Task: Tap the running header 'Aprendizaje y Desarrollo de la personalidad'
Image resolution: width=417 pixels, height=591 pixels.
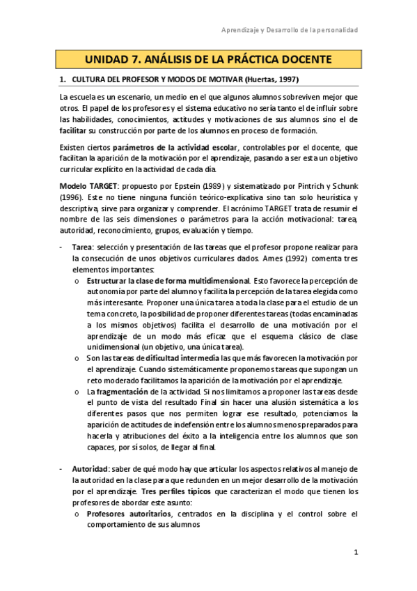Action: coord(290,31)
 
